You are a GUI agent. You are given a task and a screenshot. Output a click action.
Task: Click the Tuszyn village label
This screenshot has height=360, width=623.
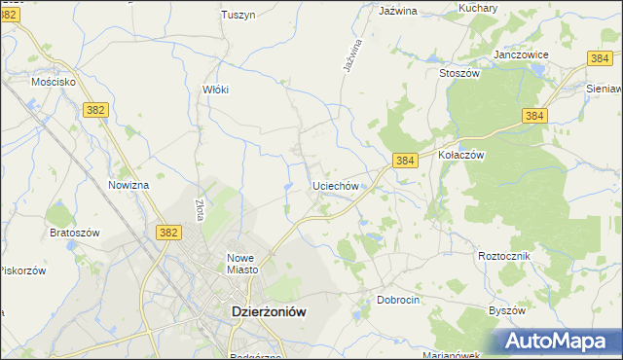click(x=238, y=15)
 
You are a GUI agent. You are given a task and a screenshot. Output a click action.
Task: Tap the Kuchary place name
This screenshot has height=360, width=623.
click(x=478, y=8)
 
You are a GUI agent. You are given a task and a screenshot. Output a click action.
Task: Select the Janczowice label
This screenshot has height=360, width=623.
click(x=522, y=55)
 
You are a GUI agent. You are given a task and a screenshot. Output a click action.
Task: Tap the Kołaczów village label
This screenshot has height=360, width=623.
click(x=461, y=155)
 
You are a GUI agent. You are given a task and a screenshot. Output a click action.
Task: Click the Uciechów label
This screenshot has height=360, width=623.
click(x=337, y=185)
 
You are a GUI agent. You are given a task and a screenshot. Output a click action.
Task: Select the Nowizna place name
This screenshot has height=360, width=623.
click(x=128, y=185)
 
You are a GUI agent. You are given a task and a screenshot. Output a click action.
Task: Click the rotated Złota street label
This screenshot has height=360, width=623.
click(x=198, y=209)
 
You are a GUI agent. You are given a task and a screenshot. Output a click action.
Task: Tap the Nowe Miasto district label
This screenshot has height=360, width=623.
click(x=239, y=264)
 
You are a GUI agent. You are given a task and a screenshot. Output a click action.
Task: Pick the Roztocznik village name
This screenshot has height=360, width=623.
click(x=503, y=255)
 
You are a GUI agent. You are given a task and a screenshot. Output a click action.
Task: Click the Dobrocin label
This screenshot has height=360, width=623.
click(x=398, y=301)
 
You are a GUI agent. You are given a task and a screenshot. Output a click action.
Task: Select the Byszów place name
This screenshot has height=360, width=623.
click(x=506, y=310)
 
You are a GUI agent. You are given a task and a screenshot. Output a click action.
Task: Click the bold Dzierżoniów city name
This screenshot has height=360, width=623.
click(x=268, y=312)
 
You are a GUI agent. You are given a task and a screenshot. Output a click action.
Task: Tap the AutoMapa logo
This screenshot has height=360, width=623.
click(x=559, y=341)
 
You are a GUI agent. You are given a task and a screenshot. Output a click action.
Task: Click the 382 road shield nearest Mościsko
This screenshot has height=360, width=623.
click(x=95, y=111)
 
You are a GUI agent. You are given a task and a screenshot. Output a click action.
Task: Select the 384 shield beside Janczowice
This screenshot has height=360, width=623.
click(x=600, y=59)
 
